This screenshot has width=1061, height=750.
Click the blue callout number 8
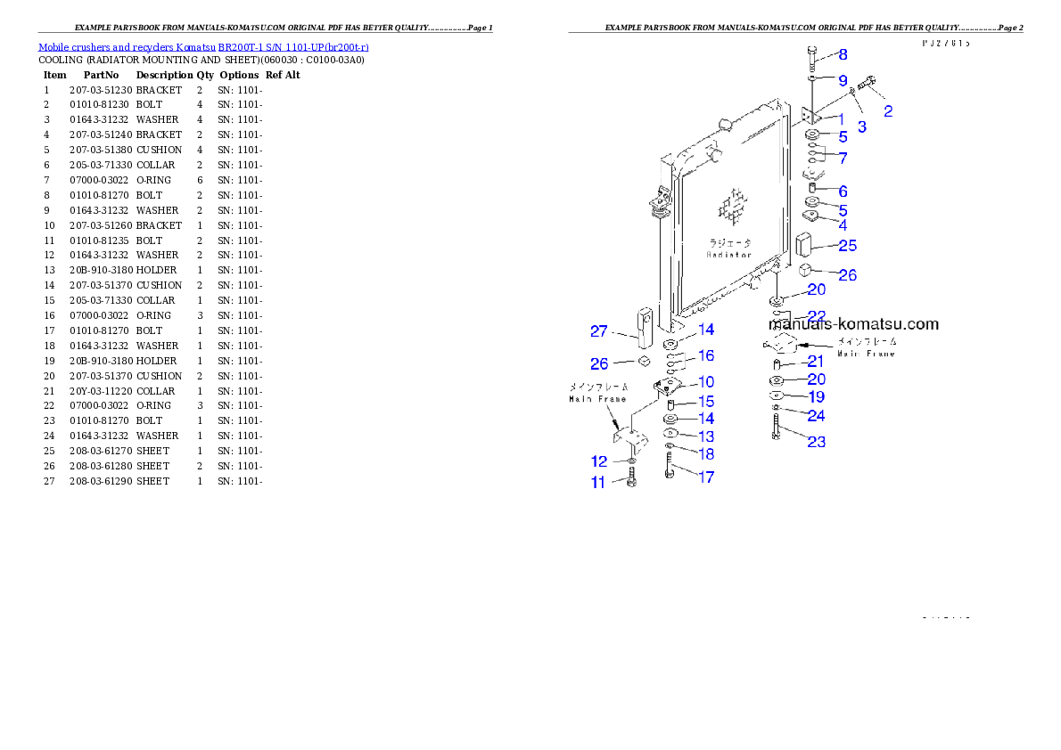(843, 54)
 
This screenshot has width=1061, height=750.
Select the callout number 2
(888, 111)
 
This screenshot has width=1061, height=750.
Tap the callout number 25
(847, 245)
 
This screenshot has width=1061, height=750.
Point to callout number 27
(598, 331)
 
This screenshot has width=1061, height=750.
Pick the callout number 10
(705, 382)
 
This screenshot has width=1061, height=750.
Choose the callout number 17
(705, 477)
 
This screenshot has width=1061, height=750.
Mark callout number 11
(598, 483)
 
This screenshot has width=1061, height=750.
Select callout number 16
(705, 355)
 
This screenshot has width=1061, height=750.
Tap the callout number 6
(843, 192)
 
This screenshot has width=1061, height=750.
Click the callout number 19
(816, 397)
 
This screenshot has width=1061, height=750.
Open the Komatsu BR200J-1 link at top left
(203, 47)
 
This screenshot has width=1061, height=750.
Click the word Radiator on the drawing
(730, 255)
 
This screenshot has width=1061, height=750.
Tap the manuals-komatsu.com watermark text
(853, 324)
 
